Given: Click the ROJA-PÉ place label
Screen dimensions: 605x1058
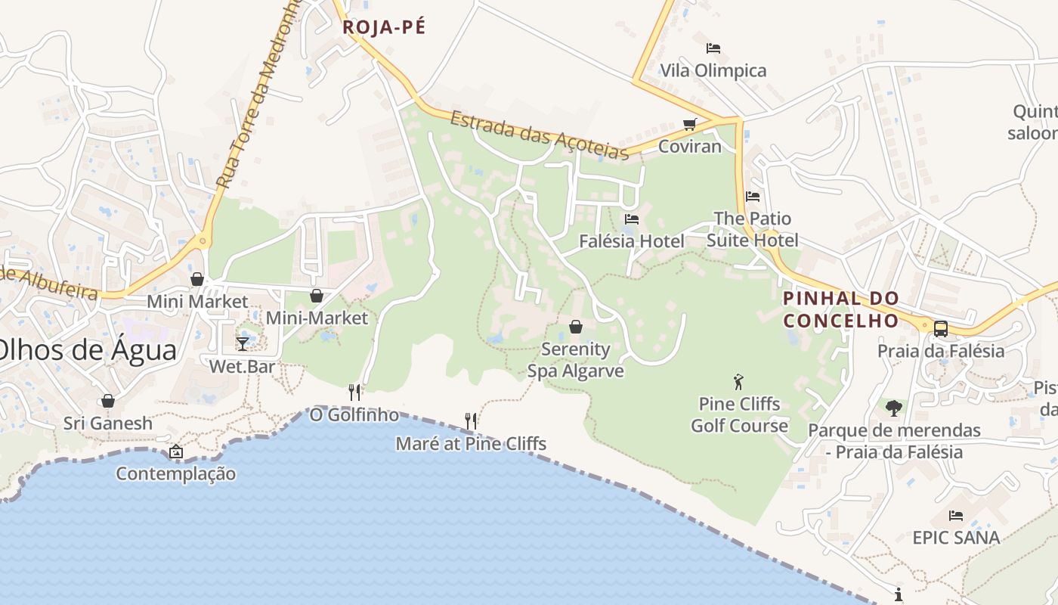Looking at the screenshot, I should pos(384,28).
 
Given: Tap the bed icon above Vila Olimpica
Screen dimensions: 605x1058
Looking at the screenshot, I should pos(713,48).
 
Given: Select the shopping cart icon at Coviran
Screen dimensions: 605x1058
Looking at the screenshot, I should pos(689,124).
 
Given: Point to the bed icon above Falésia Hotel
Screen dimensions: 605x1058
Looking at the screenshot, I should pos(632,219).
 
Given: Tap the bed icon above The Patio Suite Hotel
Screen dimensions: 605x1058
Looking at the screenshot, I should pos(752,197).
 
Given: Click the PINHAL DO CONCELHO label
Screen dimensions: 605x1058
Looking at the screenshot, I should pos(840,309).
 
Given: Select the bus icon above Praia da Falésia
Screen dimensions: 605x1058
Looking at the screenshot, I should pos(940,329).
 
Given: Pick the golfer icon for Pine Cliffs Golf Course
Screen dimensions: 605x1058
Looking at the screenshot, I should pos(738,382).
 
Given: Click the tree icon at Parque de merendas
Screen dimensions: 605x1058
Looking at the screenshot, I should pos(894,408).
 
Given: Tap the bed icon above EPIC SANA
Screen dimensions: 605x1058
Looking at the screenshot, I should pos(956,516).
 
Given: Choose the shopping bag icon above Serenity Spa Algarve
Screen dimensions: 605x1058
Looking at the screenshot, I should pos(576,327).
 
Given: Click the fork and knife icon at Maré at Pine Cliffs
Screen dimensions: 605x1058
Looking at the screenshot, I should pos(470,420).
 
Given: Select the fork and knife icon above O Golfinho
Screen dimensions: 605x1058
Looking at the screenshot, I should pos(354,392).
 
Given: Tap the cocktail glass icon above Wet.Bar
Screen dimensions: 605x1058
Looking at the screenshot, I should pos(242,344).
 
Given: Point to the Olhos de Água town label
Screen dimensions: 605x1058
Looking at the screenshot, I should pos(88,350).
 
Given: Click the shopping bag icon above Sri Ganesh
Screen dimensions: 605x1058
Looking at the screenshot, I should pos(108,401).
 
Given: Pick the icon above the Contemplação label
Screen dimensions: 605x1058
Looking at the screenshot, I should pos(175,451).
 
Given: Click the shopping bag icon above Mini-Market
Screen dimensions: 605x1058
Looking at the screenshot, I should pos(317,296).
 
